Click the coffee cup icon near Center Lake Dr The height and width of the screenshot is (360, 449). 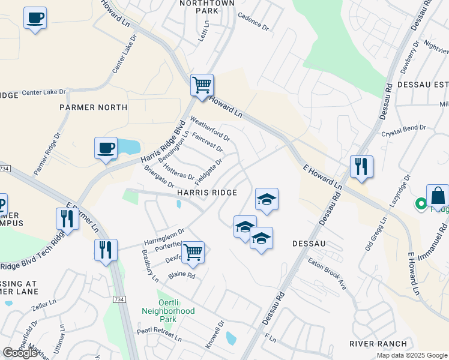pos(35,18)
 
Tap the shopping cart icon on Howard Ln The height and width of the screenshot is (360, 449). pos(202,85)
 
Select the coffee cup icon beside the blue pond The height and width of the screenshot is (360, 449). pos(106,148)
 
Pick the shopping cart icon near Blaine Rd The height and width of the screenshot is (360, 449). pos(193,252)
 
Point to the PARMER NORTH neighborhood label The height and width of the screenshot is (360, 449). pos(93,107)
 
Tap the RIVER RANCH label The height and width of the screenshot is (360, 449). pos(378,344)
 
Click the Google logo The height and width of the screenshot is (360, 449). pos(20,353)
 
